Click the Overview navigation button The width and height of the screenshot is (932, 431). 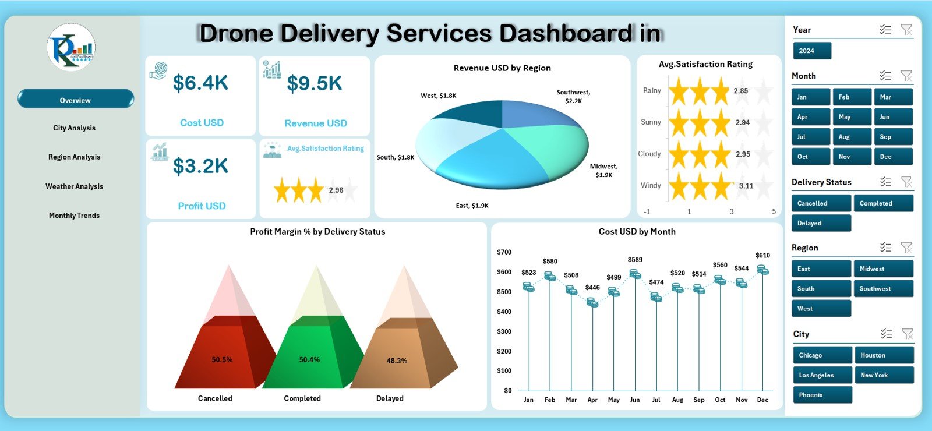(x=75, y=100)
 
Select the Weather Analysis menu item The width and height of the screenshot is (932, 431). (x=75, y=186)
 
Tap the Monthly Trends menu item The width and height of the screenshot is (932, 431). (x=75, y=216)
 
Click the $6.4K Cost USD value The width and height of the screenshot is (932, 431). (x=201, y=83)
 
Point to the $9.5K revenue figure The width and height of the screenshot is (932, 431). (x=315, y=84)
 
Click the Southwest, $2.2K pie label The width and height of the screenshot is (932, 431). (x=573, y=97)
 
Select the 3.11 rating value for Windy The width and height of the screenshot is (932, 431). (x=746, y=186)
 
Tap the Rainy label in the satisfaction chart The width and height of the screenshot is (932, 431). (x=652, y=91)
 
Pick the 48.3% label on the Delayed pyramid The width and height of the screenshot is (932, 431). (x=397, y=361)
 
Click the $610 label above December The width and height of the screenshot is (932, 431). (x=762, y=255)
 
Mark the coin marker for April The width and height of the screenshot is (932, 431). (x=592, y=303)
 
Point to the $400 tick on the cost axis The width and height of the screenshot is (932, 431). (x=504, y=312)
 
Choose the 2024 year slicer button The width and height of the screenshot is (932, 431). (x=811, y=51)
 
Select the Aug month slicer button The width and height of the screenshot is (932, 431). (x=852, y=137)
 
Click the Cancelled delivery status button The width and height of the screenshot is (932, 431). (x=821, y=203)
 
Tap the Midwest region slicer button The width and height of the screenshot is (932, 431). (x=882, y=269)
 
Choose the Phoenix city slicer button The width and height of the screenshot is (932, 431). (x=821, y=395)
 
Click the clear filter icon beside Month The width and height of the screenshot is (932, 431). (x=906, y=76)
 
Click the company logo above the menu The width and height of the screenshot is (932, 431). (x=71, y=48)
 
